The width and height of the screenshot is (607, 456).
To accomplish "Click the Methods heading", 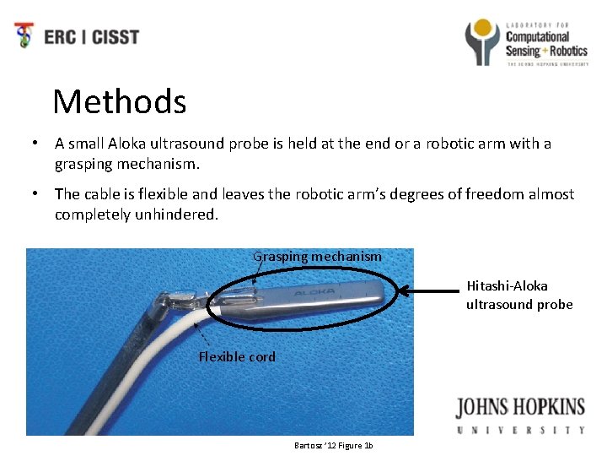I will point(119,102).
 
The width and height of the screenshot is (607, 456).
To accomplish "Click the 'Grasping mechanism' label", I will point(318,256).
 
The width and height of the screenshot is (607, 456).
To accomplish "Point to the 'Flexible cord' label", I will point(237,356).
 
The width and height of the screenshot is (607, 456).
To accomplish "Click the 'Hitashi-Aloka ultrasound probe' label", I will point(518,295).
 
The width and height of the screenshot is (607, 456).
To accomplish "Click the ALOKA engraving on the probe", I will point(314,292).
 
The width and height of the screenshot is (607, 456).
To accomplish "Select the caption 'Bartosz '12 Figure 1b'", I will point(334,445).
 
